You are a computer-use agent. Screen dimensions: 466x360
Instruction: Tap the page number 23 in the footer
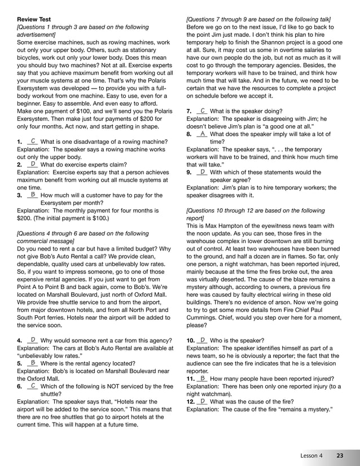340,455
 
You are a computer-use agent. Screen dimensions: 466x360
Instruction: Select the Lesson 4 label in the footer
311,455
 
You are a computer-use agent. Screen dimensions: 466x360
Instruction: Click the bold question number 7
189,112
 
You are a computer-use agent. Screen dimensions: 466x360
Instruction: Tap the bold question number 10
190,341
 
